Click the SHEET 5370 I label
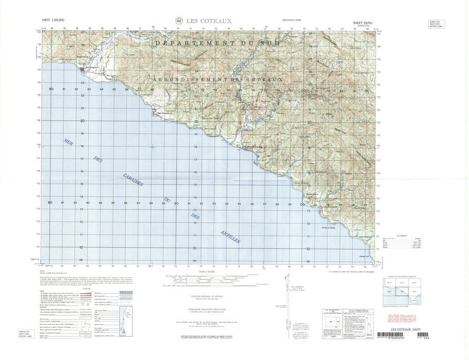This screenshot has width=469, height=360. pos(365,22)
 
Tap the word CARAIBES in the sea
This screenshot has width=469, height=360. pos(133,180)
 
